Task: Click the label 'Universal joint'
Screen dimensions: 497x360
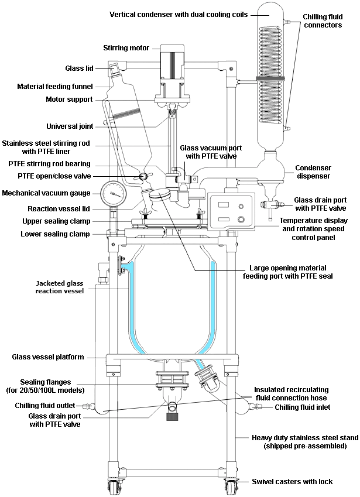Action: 68,126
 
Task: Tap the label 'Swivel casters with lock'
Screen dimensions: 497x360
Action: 292,481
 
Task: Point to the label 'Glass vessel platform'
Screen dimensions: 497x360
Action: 48,357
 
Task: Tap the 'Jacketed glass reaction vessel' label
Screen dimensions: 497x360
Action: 59,286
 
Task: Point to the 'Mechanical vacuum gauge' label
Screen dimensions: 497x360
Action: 46,193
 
